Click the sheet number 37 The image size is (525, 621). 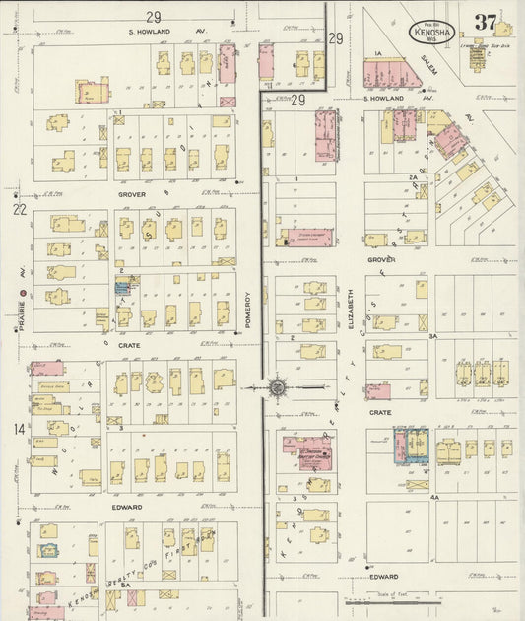point(484,22)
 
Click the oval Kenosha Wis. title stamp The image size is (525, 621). point(431,32)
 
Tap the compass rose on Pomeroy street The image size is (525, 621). point(279,387)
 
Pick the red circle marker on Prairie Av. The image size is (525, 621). point(21,294)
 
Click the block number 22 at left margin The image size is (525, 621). point(18,209)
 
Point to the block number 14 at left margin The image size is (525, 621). point(18,429)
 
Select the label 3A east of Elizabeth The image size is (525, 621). point(432,337)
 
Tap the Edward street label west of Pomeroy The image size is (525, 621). point(126,507)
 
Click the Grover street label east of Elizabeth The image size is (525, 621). point(381,260)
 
